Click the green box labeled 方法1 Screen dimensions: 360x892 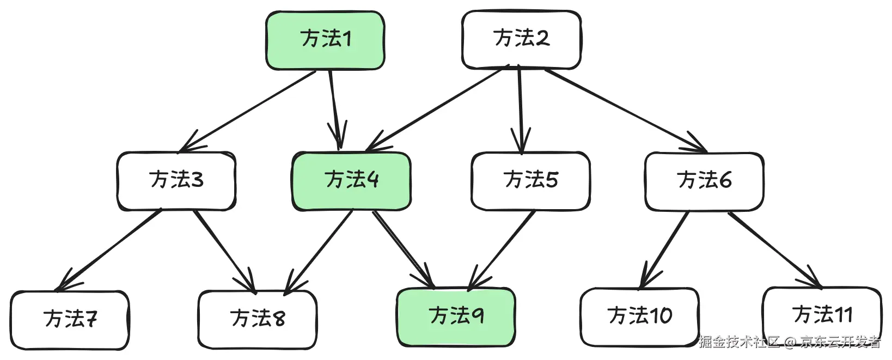325,40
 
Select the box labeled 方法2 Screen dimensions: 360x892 521,39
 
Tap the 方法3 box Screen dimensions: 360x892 176,180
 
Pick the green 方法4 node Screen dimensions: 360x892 351,181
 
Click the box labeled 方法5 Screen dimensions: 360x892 530,181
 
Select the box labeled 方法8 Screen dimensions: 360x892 257,319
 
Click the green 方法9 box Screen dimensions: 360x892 456,317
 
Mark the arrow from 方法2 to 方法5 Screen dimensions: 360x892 520,109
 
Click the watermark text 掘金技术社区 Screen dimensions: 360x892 740,342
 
